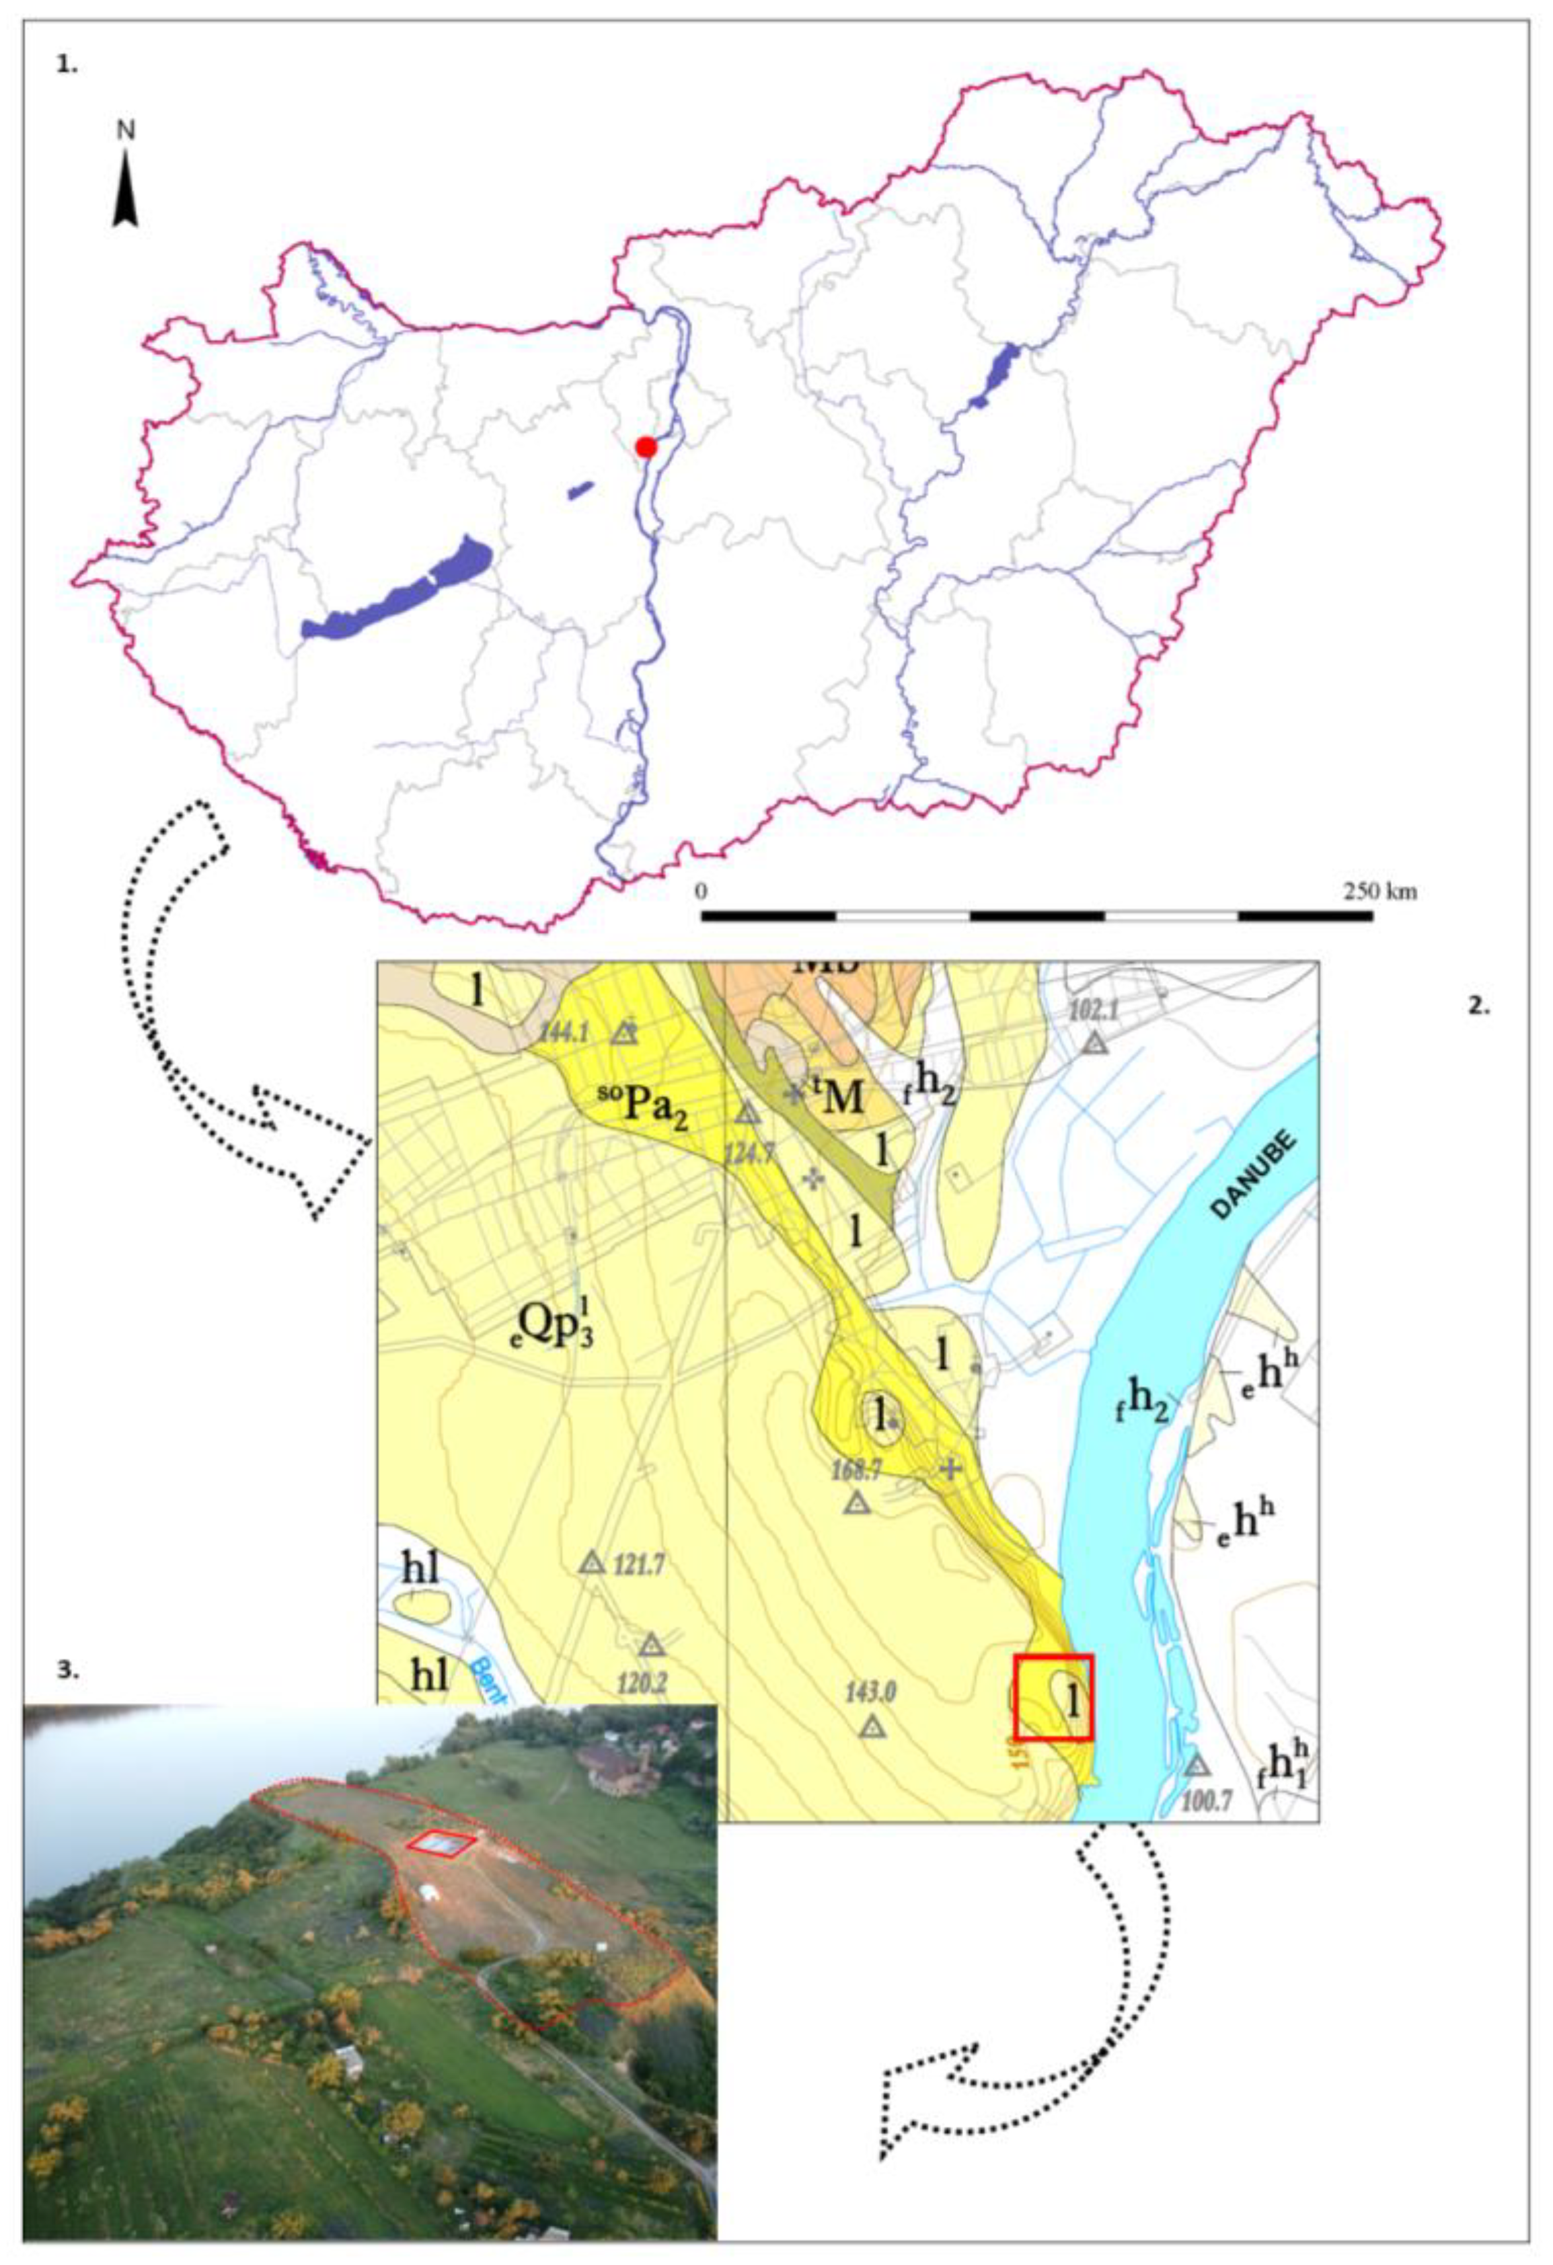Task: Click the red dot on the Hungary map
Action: (x=646, y=446)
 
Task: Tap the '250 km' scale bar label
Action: (x=1379, y=891)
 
